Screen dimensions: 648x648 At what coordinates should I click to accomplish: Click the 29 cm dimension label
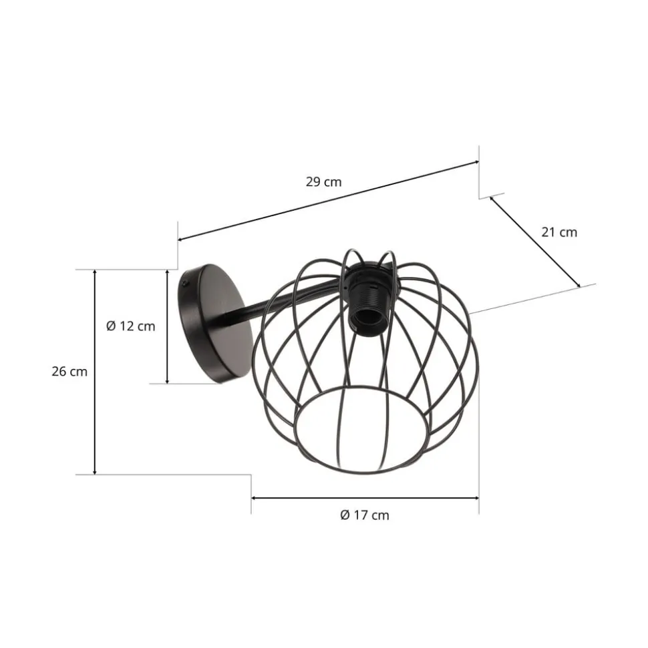click(x=324, y=182)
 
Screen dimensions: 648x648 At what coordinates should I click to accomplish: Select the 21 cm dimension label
click(x=558, y=232)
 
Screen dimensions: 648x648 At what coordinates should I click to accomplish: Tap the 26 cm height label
click(x=69, y=372)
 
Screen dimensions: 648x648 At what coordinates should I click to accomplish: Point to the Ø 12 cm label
click(x=130, y=326)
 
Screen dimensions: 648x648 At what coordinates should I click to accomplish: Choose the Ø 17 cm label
click(x=364, y=515)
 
